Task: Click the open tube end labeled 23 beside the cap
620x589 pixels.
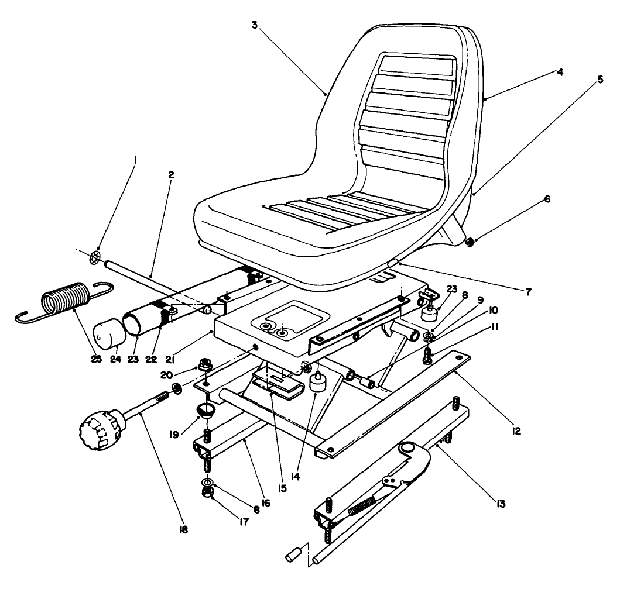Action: [x=136, y=325]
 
